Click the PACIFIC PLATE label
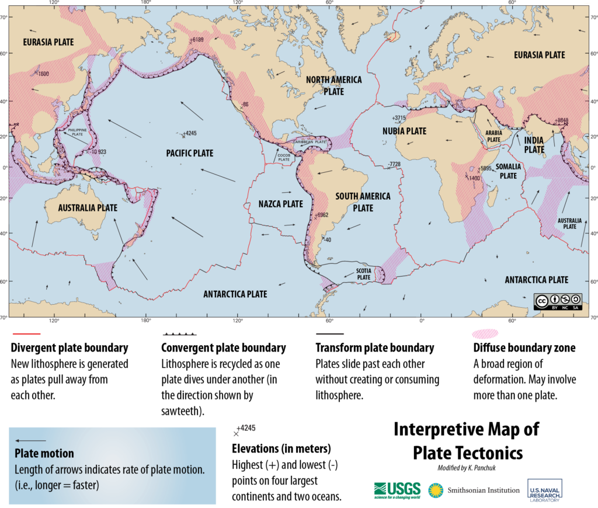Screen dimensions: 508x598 coord(189,153)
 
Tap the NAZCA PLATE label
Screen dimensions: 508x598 coord(281,204)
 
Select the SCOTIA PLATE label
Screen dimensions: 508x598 coord(364,274)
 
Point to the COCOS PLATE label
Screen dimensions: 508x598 coord(284,157)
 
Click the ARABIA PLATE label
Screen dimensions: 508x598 coord(493,136)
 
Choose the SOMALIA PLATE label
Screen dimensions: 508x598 coord(507,171)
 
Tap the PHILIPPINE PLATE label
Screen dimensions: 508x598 coord(77,132)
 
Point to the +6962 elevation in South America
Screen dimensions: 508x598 coord(322,215)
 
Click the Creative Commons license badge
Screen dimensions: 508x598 coord(558,301)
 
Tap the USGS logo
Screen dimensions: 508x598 coord(397,489)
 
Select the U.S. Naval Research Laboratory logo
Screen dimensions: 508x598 coord(544,490)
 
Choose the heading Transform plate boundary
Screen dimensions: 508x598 coord(374,348)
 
